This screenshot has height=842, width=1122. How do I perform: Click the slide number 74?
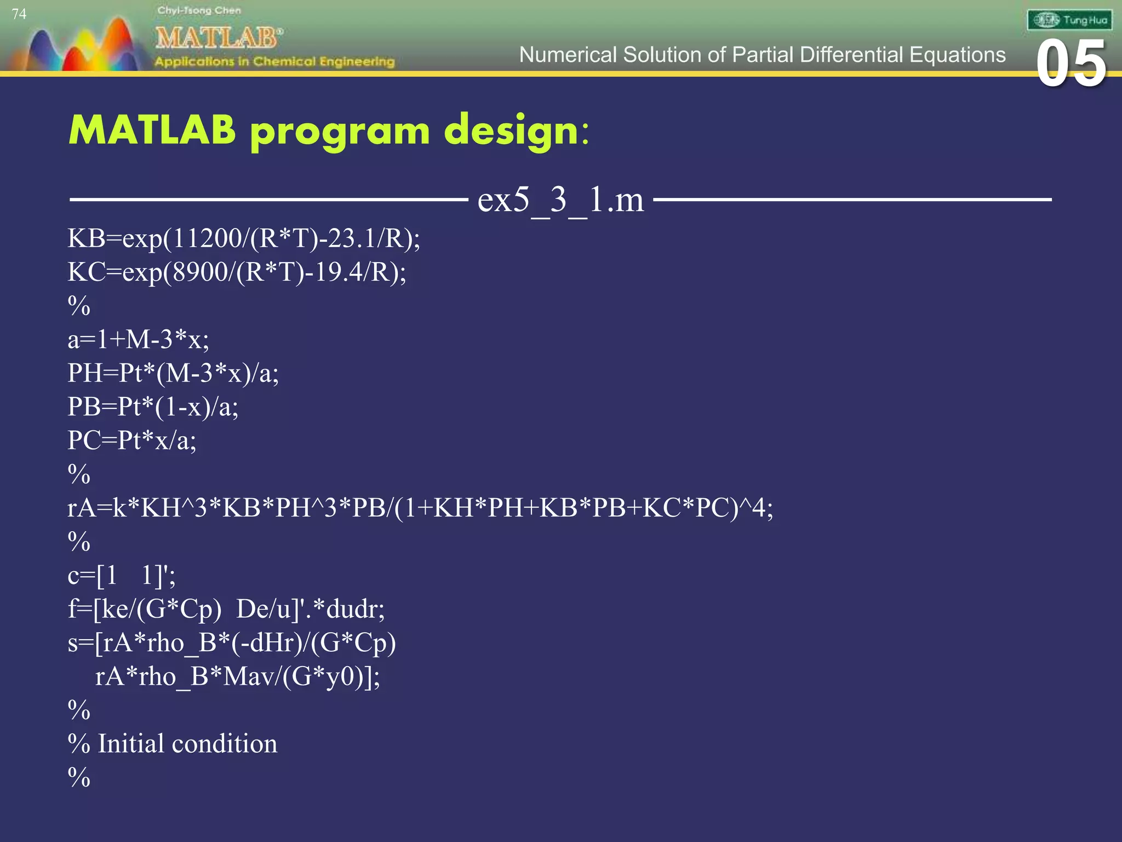19,14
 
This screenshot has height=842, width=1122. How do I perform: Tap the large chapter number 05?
1071,64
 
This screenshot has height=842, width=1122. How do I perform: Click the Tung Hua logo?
1069,20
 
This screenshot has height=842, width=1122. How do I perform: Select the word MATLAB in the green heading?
152,130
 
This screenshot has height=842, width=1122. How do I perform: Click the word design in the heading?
512,132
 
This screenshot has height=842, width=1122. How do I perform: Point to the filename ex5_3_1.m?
560,200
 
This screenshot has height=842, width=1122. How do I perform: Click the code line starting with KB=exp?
244,238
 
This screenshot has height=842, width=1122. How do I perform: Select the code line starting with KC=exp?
237,272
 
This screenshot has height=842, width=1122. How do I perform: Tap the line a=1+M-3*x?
138,340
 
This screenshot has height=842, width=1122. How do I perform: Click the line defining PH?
173,373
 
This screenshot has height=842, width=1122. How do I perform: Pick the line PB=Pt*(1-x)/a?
153,407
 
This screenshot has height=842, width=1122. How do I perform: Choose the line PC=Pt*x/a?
132,441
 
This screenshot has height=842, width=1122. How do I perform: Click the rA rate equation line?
420,508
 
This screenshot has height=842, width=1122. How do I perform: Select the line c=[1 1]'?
122,576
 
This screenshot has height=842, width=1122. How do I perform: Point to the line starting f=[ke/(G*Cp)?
226,609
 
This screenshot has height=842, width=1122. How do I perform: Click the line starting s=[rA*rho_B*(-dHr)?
232,643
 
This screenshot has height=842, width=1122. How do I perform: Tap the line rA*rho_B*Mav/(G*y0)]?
237,676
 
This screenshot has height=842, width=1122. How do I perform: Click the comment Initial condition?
187,744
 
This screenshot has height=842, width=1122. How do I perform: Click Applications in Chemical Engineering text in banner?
274,61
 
